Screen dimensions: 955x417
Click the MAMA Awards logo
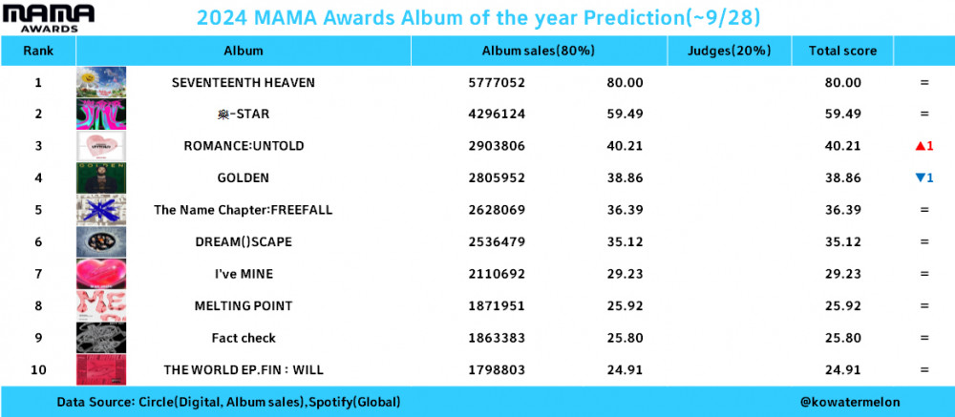pyautogui.click(x=49, y=18)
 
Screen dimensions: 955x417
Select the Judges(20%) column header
pyautogui.click(x=729, y=51)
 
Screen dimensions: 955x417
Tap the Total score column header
pyautogui.click(x=842, y=51)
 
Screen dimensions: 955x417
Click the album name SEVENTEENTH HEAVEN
pyautogui.click(x=244, y=82)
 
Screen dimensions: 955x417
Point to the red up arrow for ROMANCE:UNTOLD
pyautogui.click(x=920, y=146)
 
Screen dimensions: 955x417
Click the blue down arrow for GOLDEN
pyautogui.click(x=920, y=177)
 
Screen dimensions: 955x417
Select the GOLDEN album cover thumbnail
pyautogui.click(x=101, y=177)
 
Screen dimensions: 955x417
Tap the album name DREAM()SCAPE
pyautogui.click(x=244, y=241)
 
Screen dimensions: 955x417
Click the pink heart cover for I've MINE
pyautogui.click(x=101, y=273)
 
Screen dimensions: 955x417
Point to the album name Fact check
pyautogui.click(x=244, y=338)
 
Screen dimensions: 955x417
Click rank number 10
pyautogui.click(x=38, y=369)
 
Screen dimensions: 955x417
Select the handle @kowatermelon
pyautogui.click(x=850, y=402)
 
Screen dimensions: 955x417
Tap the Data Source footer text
pyautogui.click(x=228, y=402)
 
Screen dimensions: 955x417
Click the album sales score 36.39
pyautogui.click(x=625, y=210)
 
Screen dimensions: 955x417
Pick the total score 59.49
pyautogui.click(x=843, y=114)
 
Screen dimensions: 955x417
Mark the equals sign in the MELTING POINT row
pyautogui.click(x=924, y=305)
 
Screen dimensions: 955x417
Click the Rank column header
pyautogui.click(x=38, y=51)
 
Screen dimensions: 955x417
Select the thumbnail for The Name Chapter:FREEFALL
pyautogui.click(x=101, y=209)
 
